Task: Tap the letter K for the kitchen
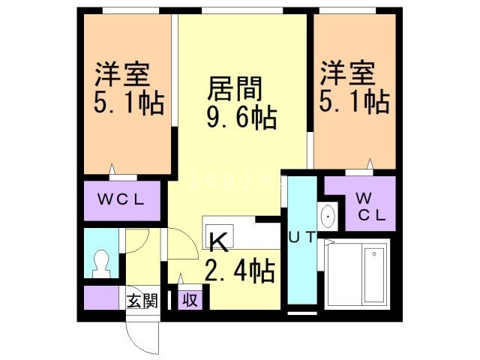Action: click(x=218, y=241)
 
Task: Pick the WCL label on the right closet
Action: click(x=369, y=206)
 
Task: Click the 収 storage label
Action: click(x=190, y=301)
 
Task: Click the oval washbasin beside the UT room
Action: click(x=328, y=217)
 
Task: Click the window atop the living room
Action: click(x=241, y=10)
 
